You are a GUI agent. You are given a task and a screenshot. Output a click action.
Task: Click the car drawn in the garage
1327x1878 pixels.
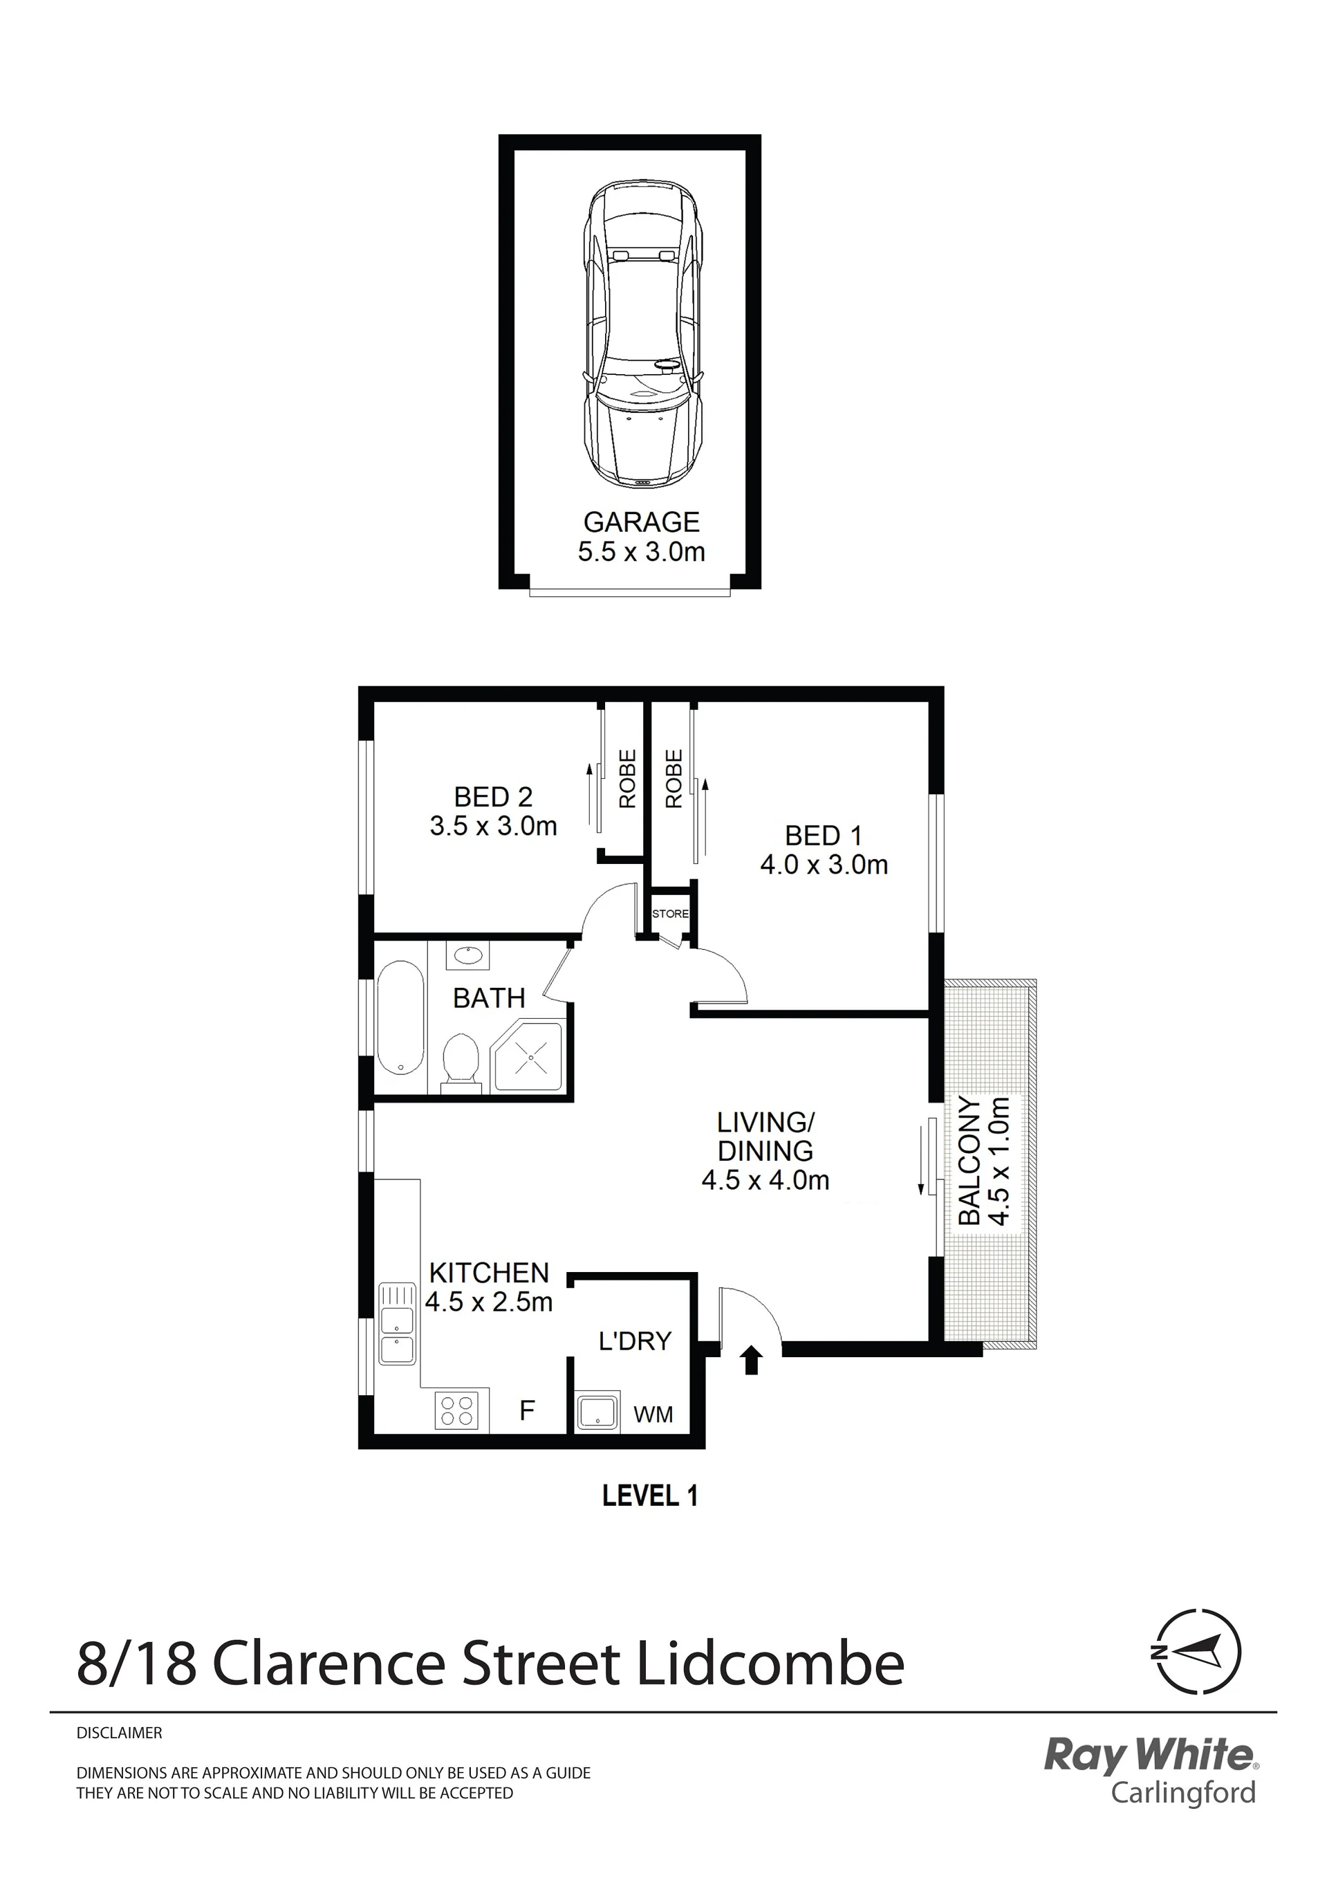coord(642,336)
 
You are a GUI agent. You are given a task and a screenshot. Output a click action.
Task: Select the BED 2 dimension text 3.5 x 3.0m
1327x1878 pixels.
coord(494,826)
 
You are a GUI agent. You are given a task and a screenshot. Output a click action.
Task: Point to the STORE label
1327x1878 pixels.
coord(671,914)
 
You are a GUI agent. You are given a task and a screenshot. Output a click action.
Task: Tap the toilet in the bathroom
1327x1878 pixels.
coord(461,1063)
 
